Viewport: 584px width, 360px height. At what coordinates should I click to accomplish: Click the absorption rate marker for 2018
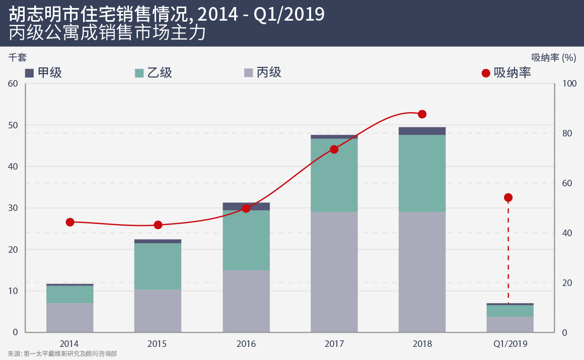tap(422, 114)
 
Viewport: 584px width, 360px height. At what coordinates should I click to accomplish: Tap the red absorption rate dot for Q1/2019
tap(508, 198)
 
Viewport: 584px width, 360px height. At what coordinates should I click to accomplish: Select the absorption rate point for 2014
tap(70, 223)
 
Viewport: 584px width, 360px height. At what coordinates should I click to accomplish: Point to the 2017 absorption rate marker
tap(334, 150)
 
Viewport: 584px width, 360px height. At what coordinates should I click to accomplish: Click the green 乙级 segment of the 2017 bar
tap(334, 175)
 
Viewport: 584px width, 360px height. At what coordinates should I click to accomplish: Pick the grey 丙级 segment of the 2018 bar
tap(422, 272)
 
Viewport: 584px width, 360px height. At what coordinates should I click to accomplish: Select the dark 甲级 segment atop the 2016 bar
tap(246, 206)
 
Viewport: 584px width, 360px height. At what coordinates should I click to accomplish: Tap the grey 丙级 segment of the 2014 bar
tap(70, 317)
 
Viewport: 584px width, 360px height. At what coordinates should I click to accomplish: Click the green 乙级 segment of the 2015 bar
tap(158, 266)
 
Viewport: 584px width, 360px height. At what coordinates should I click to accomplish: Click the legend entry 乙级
tap(154, 73)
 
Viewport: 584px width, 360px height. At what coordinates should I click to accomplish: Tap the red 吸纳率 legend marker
tap(486, 74)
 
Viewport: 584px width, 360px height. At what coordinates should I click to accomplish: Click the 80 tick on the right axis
tap(568, 133)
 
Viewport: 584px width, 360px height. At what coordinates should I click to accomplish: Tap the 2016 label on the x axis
tap(246, 344)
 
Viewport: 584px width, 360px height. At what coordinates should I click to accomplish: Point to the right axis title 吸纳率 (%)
tap(553, 57)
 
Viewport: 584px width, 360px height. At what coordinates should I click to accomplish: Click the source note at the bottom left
tap(62, 354)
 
